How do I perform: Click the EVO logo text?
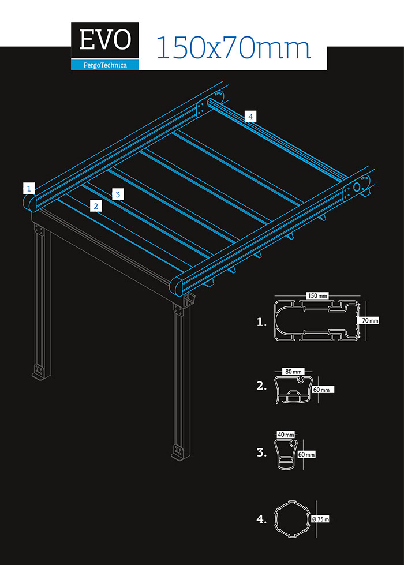pos(105,40)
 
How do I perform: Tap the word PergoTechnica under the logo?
pos(105,65)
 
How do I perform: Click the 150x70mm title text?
pos(233,47)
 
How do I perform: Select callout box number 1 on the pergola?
pos(29,188)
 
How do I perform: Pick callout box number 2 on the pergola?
pos(96,206)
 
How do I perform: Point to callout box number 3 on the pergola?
pos(118,194)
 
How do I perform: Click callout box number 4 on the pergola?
pos(250,117)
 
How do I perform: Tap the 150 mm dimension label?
pos(317,295)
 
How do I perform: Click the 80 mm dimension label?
pos(293,372)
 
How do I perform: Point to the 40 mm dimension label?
pos(286,435)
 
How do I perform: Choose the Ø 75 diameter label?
pos(320,519)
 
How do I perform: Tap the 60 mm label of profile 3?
pos(306,454)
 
